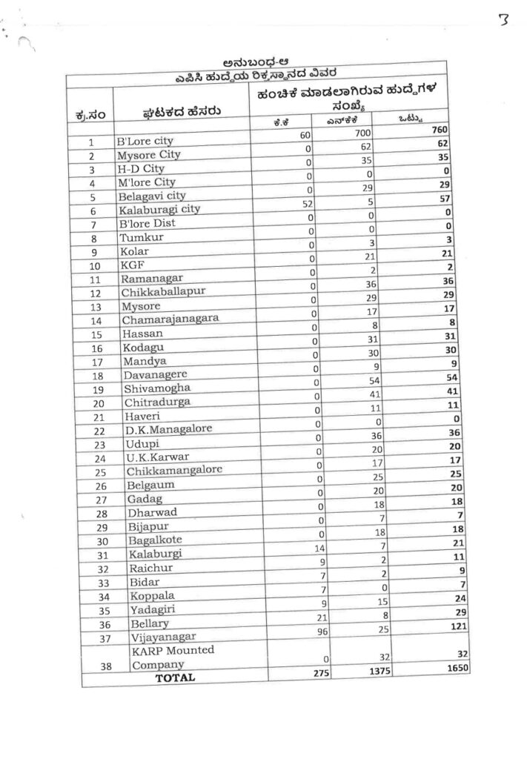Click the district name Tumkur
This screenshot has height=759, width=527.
(x=141, y=238)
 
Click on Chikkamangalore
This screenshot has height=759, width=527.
(x=174, y=471)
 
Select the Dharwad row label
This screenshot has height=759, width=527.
(x=153, y=512)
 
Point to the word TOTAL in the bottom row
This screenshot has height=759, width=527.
(x=175, y=677)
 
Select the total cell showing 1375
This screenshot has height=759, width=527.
(x=378, y=670)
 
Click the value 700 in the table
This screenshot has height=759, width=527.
(x=382, y=133)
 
